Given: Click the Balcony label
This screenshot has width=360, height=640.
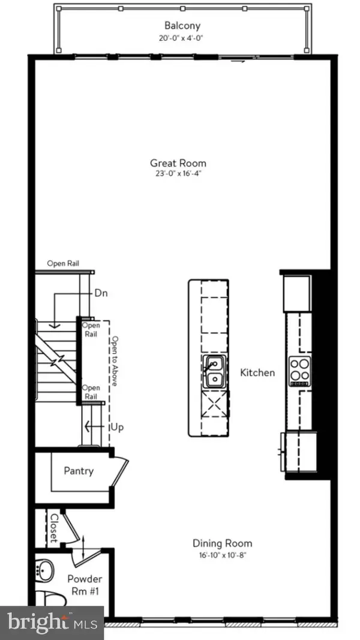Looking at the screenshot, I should [x=182, y=25].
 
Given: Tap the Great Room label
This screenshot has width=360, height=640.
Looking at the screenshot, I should [x=178, y=163].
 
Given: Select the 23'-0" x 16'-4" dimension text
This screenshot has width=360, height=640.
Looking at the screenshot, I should [x=178, y=174].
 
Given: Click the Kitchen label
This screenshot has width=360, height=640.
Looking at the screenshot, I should [x=257, y=373].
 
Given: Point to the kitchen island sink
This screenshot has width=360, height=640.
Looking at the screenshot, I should [x=213, y=371].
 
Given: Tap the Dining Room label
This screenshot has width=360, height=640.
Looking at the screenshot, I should [x=222, y=544].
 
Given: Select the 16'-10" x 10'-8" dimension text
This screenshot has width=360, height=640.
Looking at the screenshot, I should [x=222, y=555].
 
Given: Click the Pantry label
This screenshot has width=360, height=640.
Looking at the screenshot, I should [x=79, y=471].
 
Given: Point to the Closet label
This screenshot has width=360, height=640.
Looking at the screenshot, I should [x=53, y=527].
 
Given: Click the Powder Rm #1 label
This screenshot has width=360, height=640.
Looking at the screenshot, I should [x=84, y=585].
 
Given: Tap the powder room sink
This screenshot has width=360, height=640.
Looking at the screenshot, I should [x=43, y=569].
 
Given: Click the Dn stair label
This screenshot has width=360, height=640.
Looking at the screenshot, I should [x=101, y=294].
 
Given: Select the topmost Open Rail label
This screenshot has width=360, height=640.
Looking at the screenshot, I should [x=64, y=264].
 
